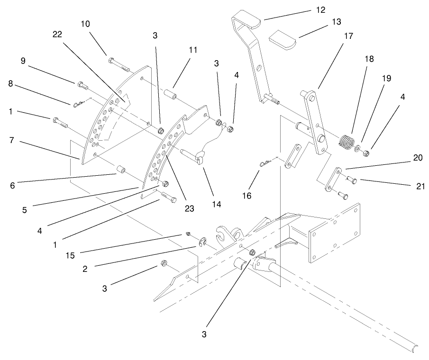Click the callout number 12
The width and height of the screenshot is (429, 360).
321,9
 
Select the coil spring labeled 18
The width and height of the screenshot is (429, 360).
347,141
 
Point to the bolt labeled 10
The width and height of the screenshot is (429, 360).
119,63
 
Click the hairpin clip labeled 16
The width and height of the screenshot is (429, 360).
265,163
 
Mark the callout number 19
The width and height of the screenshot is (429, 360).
387,78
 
